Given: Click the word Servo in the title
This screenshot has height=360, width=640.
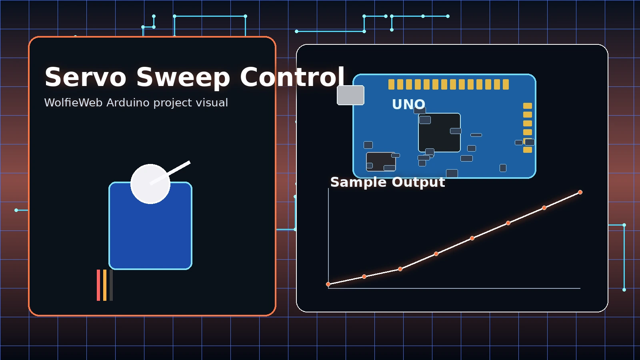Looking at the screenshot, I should pyautogui.click(x=85, y=77).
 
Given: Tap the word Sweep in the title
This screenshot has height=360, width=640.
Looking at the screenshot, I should pyautogui.click(x=183, y=77).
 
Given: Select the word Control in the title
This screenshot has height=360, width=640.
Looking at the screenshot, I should pyautogui.click(x=292, y=77).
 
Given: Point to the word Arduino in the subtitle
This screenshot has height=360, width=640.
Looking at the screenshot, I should pyautogui.click(x=128, y=103).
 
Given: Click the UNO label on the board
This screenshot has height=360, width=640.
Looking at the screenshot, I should pyautogui.click(x=408, y=104).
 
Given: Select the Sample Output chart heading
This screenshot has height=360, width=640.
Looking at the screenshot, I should pyautogui.click(x=387, y=182).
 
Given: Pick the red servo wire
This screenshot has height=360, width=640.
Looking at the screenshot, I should pyautogui.click(x=98, y=285).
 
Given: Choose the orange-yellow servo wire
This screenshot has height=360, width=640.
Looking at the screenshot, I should pyautogui.click(x=105, y=285).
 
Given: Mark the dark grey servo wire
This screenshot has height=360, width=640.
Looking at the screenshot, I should pyautogui.click(x=111, y=285).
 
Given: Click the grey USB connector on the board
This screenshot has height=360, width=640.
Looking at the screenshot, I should pyautogui.click(x=350, y=95).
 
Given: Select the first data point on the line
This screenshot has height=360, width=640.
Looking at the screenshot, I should pyautogui.click(x=328, y=284).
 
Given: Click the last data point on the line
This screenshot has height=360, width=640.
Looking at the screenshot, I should pyautogui.click(x=580, y=192).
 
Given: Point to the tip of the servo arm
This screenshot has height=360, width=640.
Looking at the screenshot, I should pyautogui.click(x=189, y=162).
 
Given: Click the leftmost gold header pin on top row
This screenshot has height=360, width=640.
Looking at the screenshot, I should pyautogui.click(x=391, y=84).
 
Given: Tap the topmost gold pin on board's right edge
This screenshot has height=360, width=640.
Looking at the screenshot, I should pyautogui.click(x=528, y=106).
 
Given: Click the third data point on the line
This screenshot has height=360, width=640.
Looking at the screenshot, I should pyautogui.click(x=400, y=269).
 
